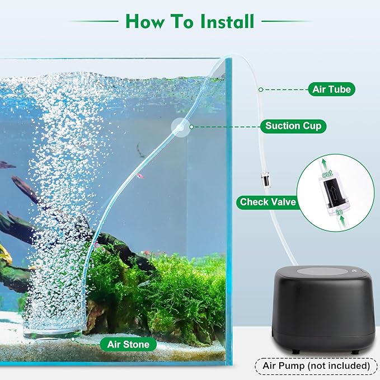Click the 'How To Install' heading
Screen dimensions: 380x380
(x=190, y=21)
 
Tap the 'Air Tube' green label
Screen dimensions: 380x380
(x=331, y=89)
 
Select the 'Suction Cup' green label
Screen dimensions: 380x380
(x=293, y=126)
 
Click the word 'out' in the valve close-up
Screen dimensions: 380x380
(x=329, y=175)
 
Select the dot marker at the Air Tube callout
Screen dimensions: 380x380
(x=260, y=89)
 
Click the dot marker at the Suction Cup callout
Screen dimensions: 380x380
(x=191, y=127)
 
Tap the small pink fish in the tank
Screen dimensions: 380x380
(x=139, y=176)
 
